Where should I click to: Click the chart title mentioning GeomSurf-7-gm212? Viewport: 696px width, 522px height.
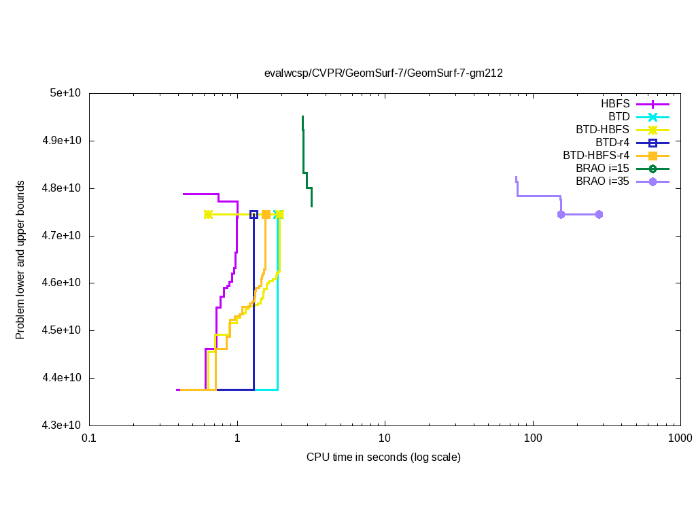click(383, 73)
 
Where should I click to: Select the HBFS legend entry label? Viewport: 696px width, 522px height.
click(615, 104)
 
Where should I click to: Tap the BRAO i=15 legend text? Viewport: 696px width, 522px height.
click(602, 169)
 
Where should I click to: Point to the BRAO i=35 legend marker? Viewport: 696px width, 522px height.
click(652, 181)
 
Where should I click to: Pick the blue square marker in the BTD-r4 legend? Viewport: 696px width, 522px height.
click(652, 143)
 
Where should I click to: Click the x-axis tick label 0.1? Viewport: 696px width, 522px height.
click(89, 439)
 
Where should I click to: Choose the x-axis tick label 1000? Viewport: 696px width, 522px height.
click(680, 439)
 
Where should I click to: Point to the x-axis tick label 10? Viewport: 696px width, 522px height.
click(385, 439)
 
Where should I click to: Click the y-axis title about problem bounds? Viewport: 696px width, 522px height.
click(21, 260)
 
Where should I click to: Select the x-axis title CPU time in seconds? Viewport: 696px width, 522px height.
click(383, 457)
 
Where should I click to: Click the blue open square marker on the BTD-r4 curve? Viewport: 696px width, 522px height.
click(254, 214)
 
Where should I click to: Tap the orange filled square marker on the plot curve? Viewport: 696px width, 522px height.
click(266, 214)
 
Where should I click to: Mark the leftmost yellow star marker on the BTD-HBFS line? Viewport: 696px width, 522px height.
click(208, 214)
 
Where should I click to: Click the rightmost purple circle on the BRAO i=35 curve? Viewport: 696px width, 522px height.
click(599, 214)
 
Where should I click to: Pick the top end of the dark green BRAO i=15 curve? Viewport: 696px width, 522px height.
click(302, 117)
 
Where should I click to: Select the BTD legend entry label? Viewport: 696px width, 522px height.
click(619, 117)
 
